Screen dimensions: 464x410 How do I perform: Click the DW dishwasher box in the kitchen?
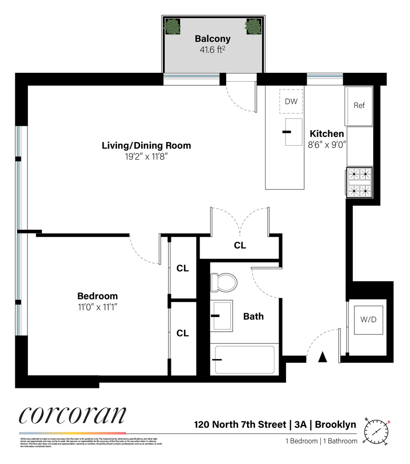(291, 102)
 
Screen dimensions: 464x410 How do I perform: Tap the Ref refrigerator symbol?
(359, 106)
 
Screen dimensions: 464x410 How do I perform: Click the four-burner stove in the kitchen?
(360, 182)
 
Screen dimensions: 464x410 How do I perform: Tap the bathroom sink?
(222, 316)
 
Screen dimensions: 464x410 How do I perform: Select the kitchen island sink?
(293, 131)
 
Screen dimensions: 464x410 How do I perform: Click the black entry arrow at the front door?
(324, 357)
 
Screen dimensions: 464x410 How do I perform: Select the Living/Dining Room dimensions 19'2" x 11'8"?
(146, 157)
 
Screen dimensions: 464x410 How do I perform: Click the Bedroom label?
(97, 296)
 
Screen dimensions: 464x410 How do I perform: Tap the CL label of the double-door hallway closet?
(240, 245)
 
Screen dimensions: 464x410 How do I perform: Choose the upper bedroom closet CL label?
(182, 269)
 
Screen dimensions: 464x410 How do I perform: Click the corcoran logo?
(72, 414)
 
